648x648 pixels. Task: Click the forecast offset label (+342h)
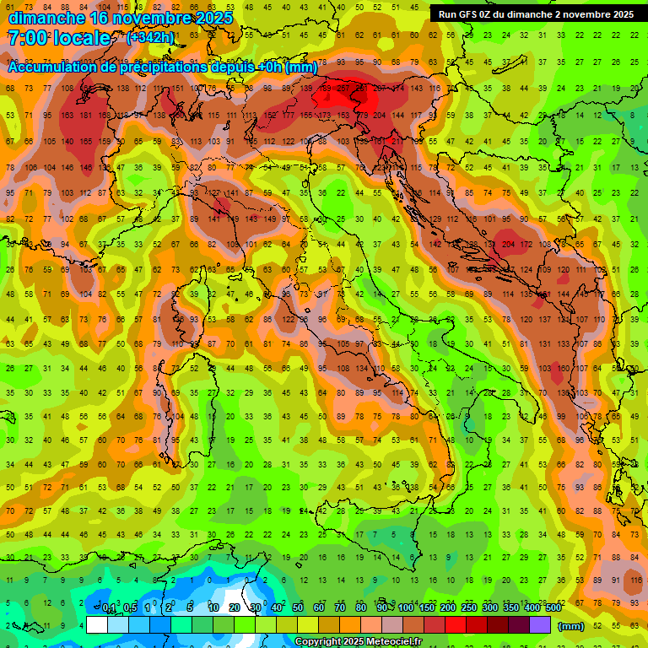pyautogui.click(x=150, y=37)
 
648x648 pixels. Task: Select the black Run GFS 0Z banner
pyautogui.click(x=536, y=14)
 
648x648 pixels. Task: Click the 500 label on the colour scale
pyautogui.click(x=553, y=608)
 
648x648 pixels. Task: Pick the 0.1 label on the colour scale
pyautogui.click(x=109, y=608)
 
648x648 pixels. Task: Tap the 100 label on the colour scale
pyautogui.click(x=405, y=608)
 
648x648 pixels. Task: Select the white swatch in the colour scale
pyautogui.click(x=97, y=624)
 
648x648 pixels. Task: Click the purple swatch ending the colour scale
pyautogui.click(x=540, y=624)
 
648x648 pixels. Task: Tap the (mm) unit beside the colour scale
pyautogui.click(x=571, y=626)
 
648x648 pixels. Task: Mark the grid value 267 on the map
pyautogui.click(x=344, y=88)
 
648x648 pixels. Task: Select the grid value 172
pyautogui.click(x=527, y=245)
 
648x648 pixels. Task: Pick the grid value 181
pyautogui.click(x=85, y=116)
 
